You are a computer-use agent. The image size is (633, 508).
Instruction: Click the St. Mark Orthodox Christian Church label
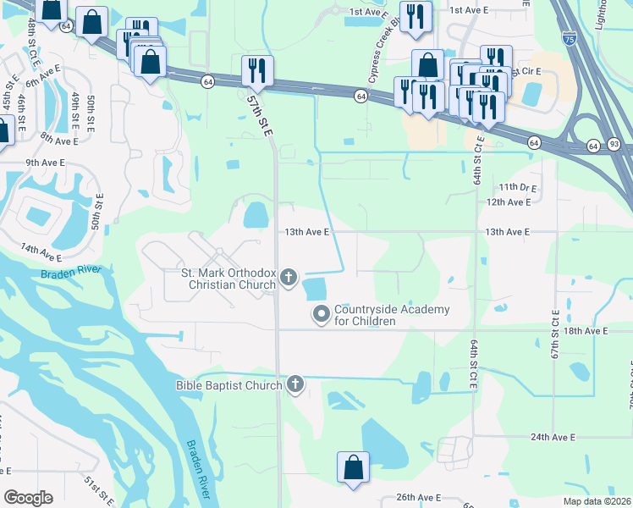point(228,279)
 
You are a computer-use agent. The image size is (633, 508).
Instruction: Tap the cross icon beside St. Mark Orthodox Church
point(289,277)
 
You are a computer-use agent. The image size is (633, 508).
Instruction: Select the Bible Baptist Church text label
point(228,386)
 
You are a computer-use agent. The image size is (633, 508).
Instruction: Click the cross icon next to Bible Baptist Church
point(295,385)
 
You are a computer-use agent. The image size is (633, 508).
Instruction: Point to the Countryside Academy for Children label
point(392,315)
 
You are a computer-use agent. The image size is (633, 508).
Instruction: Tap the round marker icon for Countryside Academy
point(322,315)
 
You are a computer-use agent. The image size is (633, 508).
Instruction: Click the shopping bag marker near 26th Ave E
point(353,467)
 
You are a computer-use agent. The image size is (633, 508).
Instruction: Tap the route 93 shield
point(614,146)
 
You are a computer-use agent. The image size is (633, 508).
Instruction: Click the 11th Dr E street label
point(519,186)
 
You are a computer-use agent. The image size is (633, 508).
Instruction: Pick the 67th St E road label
point(557,330)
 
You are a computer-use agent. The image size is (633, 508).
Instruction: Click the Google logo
point(29,498)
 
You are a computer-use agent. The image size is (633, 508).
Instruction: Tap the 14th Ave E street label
point(41,252)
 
